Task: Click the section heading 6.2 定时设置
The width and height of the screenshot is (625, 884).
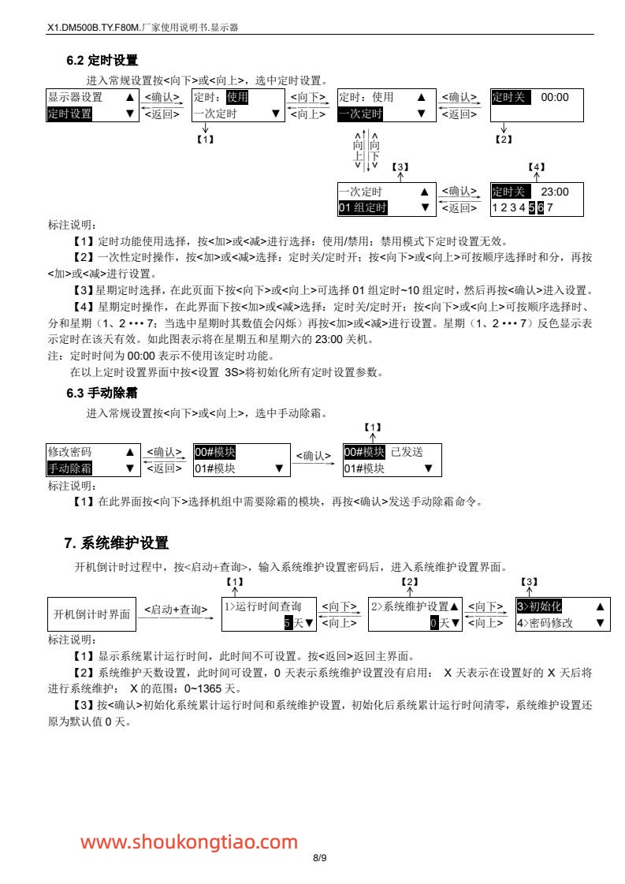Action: coord(102,61)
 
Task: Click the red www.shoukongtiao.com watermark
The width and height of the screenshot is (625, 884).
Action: coord(189,842)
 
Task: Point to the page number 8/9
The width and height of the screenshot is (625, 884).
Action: coord(319,858)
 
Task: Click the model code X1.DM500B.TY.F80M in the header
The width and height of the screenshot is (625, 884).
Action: coord(92,27)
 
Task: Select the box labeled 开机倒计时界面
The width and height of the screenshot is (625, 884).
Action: coord(91,614)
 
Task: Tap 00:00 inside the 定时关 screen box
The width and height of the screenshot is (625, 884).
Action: coord(554,97)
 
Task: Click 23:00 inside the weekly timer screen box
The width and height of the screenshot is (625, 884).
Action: coord(554,192)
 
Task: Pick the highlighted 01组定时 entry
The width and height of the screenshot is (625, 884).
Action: coord(363,207)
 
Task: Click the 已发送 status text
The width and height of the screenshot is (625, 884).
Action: coord(407,452)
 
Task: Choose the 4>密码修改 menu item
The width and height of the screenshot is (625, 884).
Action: coord(545,623)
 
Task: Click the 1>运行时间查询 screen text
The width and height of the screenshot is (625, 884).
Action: coord(262,606)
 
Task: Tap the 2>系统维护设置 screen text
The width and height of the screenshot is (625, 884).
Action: coord(410,606)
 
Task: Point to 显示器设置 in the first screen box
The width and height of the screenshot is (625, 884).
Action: coord(75,97)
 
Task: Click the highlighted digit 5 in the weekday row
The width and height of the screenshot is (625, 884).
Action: coord(531,207)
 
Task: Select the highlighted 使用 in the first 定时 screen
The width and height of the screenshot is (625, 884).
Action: coord(237,97)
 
